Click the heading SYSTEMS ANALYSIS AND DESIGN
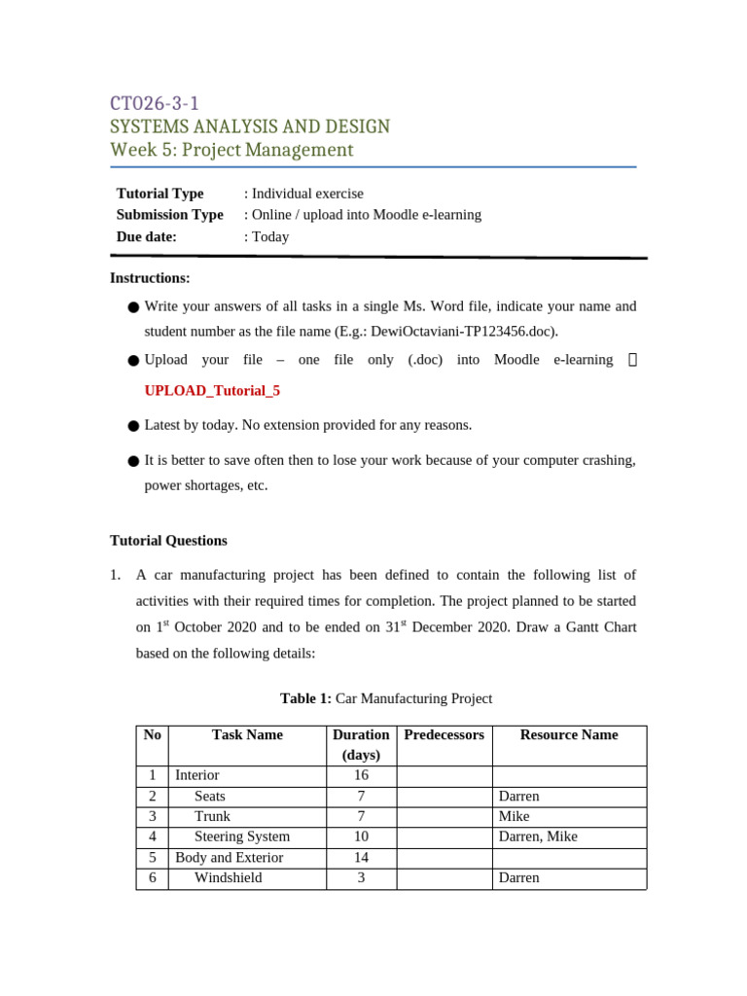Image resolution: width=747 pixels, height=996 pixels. (250, 126)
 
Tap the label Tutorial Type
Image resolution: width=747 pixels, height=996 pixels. (160, 194)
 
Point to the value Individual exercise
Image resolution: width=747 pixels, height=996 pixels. (306, 194)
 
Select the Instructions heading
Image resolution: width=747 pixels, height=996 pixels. (150, 278)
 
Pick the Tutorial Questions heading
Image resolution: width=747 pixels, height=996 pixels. (168, 541)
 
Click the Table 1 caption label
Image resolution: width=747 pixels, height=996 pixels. (306, 698)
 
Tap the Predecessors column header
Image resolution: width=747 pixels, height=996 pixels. (444, 735)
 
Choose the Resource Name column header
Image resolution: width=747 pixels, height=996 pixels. (569, 735)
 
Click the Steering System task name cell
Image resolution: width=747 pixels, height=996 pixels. (242, 836)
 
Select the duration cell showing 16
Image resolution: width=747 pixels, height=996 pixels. (361, 775)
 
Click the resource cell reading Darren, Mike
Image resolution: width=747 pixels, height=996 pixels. (534, 836)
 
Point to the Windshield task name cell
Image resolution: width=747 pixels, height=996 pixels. (228, 877)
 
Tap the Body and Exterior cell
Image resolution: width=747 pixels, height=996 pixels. (230, 857)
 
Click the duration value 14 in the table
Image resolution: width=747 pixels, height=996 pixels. (361, 857)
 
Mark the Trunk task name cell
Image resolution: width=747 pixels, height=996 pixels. (212, 816)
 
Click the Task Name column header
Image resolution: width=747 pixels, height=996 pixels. (247, 735)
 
